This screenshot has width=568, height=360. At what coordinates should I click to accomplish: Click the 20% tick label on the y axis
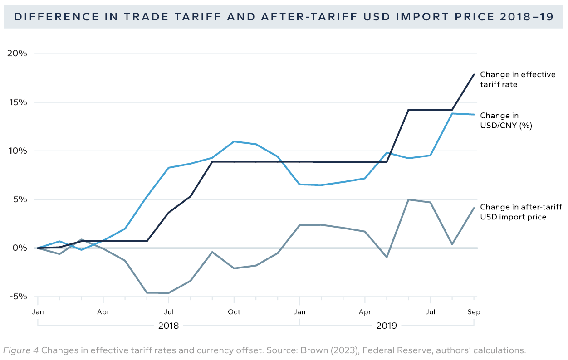pos(17,54)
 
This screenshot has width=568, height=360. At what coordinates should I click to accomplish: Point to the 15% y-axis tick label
pos(17,102)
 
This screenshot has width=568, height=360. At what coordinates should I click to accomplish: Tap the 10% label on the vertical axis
pos(17,151)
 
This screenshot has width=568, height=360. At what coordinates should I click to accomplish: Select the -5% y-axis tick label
pos(17,297)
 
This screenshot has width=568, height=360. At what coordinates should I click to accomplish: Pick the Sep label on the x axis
pos(474,312)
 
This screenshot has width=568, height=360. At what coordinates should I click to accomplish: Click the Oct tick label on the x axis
pos(234,312)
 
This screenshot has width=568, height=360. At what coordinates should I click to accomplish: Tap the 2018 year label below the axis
pos(168,326)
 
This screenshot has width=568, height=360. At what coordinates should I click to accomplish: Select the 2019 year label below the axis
pos(387,326)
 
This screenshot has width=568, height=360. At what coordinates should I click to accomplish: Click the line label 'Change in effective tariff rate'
pos(517,79)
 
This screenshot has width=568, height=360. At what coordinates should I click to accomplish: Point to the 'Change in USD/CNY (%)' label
pos(506,120)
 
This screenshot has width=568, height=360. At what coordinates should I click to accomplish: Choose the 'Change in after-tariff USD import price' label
pos(517,212)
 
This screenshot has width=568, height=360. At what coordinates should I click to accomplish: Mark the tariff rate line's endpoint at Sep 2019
pos(474,74)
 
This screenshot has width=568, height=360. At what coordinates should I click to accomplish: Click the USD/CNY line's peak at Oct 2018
pos(234,141)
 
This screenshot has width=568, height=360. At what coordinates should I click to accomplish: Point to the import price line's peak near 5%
pos(409,199)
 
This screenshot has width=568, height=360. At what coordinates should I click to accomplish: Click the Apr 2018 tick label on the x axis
pos(103,312)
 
